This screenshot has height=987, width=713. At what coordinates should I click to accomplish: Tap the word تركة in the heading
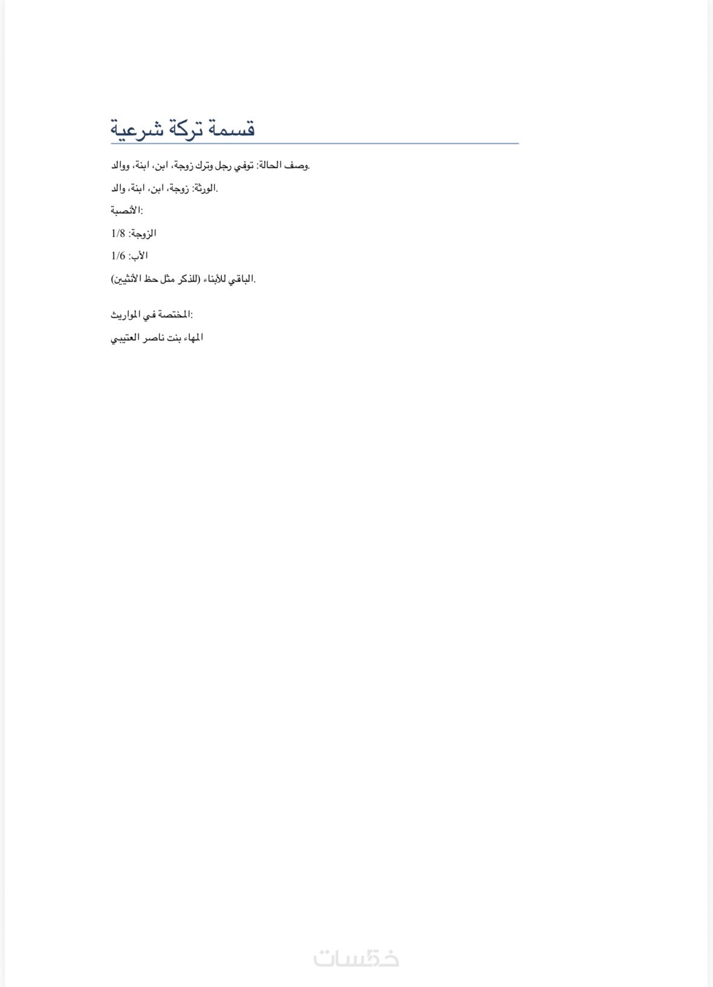point(183,129)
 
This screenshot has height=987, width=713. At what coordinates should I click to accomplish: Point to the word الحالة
point(270,165)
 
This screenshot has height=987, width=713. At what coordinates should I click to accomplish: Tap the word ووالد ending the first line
point(120,165)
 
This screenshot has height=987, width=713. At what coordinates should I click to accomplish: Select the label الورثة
point(204,188)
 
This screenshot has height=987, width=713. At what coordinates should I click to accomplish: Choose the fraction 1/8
point(117,233)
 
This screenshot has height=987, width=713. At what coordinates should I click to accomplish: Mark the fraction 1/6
point(117,256)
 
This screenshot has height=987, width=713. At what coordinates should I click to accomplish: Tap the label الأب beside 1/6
point(138,256)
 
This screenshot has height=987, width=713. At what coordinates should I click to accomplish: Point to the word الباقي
point(241,279)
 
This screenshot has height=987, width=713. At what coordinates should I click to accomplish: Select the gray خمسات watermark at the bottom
point(356,959)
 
